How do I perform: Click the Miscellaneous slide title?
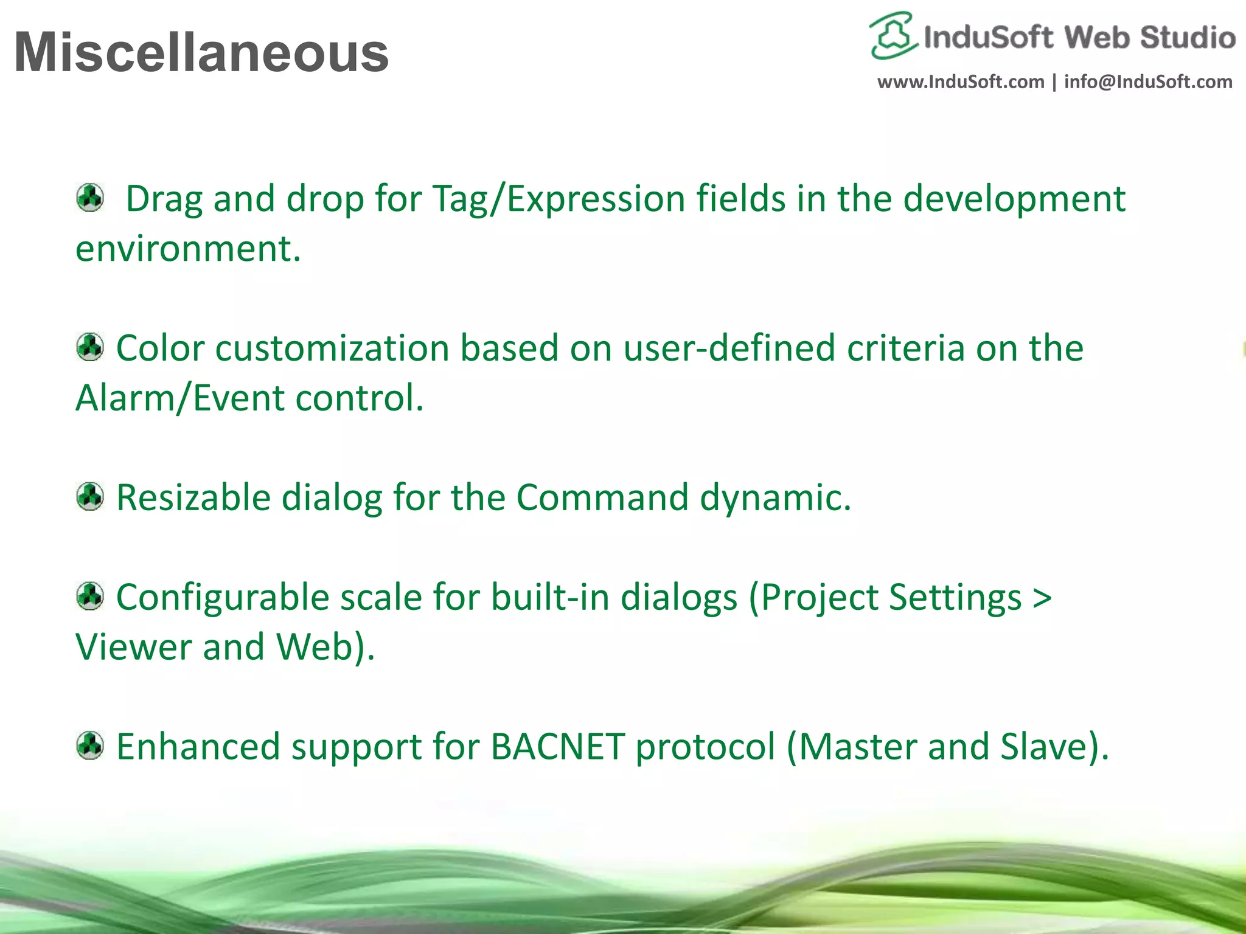pyautogui.click(x=201, y=52)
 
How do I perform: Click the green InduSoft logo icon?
pyautogui.click(x=893, y=35)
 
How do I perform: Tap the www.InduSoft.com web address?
pyautogui.click(x=960, y=81)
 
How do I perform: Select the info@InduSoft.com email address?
pyautogui.click(x=1148, y=81)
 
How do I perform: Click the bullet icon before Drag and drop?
pyautogui.click(x=90, y=198)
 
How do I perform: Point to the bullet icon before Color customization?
pyautogui.click(x=90, y=347)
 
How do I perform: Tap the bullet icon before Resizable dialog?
pyautogui.click(x=90, y=497)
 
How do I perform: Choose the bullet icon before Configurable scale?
pyautogui.click(x=90, y=596)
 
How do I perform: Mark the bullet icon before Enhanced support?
pyautogui.click(x=90, y=745)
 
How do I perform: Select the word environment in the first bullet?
pyautogui.click(x=187, y=249)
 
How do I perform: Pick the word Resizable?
pyautogui.click(x=193, y=497)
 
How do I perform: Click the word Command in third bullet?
pyautogui.click(x=602, y=497)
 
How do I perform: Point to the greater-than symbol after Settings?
pyautogui.click(x=1042, y=598)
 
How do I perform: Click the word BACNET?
pyautogui.click(x=557, y=747)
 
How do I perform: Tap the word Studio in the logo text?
pyautogui.click(x=1187, y=38)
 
